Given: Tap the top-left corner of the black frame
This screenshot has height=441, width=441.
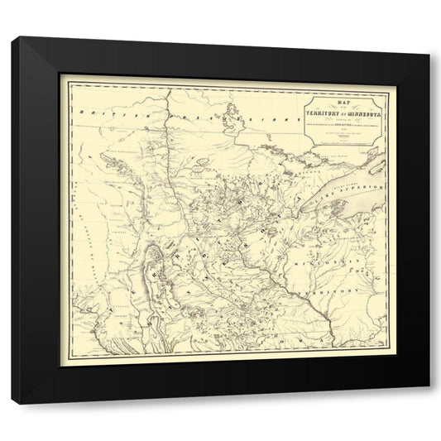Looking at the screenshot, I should click(x=13, y=38).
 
